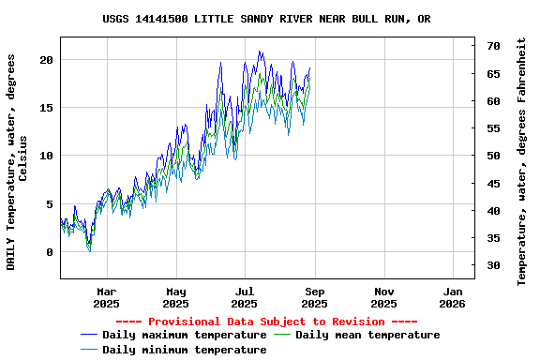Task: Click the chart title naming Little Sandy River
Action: (x=267, y=19)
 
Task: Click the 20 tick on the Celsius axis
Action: (x=47, y=59)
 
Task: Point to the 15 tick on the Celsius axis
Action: (x=47, y=108)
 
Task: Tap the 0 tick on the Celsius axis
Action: (x=51, y=252)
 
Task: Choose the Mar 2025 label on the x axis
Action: (x=107, y=297)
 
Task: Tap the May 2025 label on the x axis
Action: (x=175, y=297)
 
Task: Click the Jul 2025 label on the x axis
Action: (x=244, y=297)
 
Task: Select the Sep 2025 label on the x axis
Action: (x=314, y=297)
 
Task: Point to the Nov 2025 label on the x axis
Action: (x=383, y=297)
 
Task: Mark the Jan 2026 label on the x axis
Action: (x=452, y=297)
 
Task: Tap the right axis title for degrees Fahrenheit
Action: (x=522, y=161)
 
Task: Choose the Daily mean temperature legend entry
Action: (x=367, y=335)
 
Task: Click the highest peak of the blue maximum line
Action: (x=260, y=52)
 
